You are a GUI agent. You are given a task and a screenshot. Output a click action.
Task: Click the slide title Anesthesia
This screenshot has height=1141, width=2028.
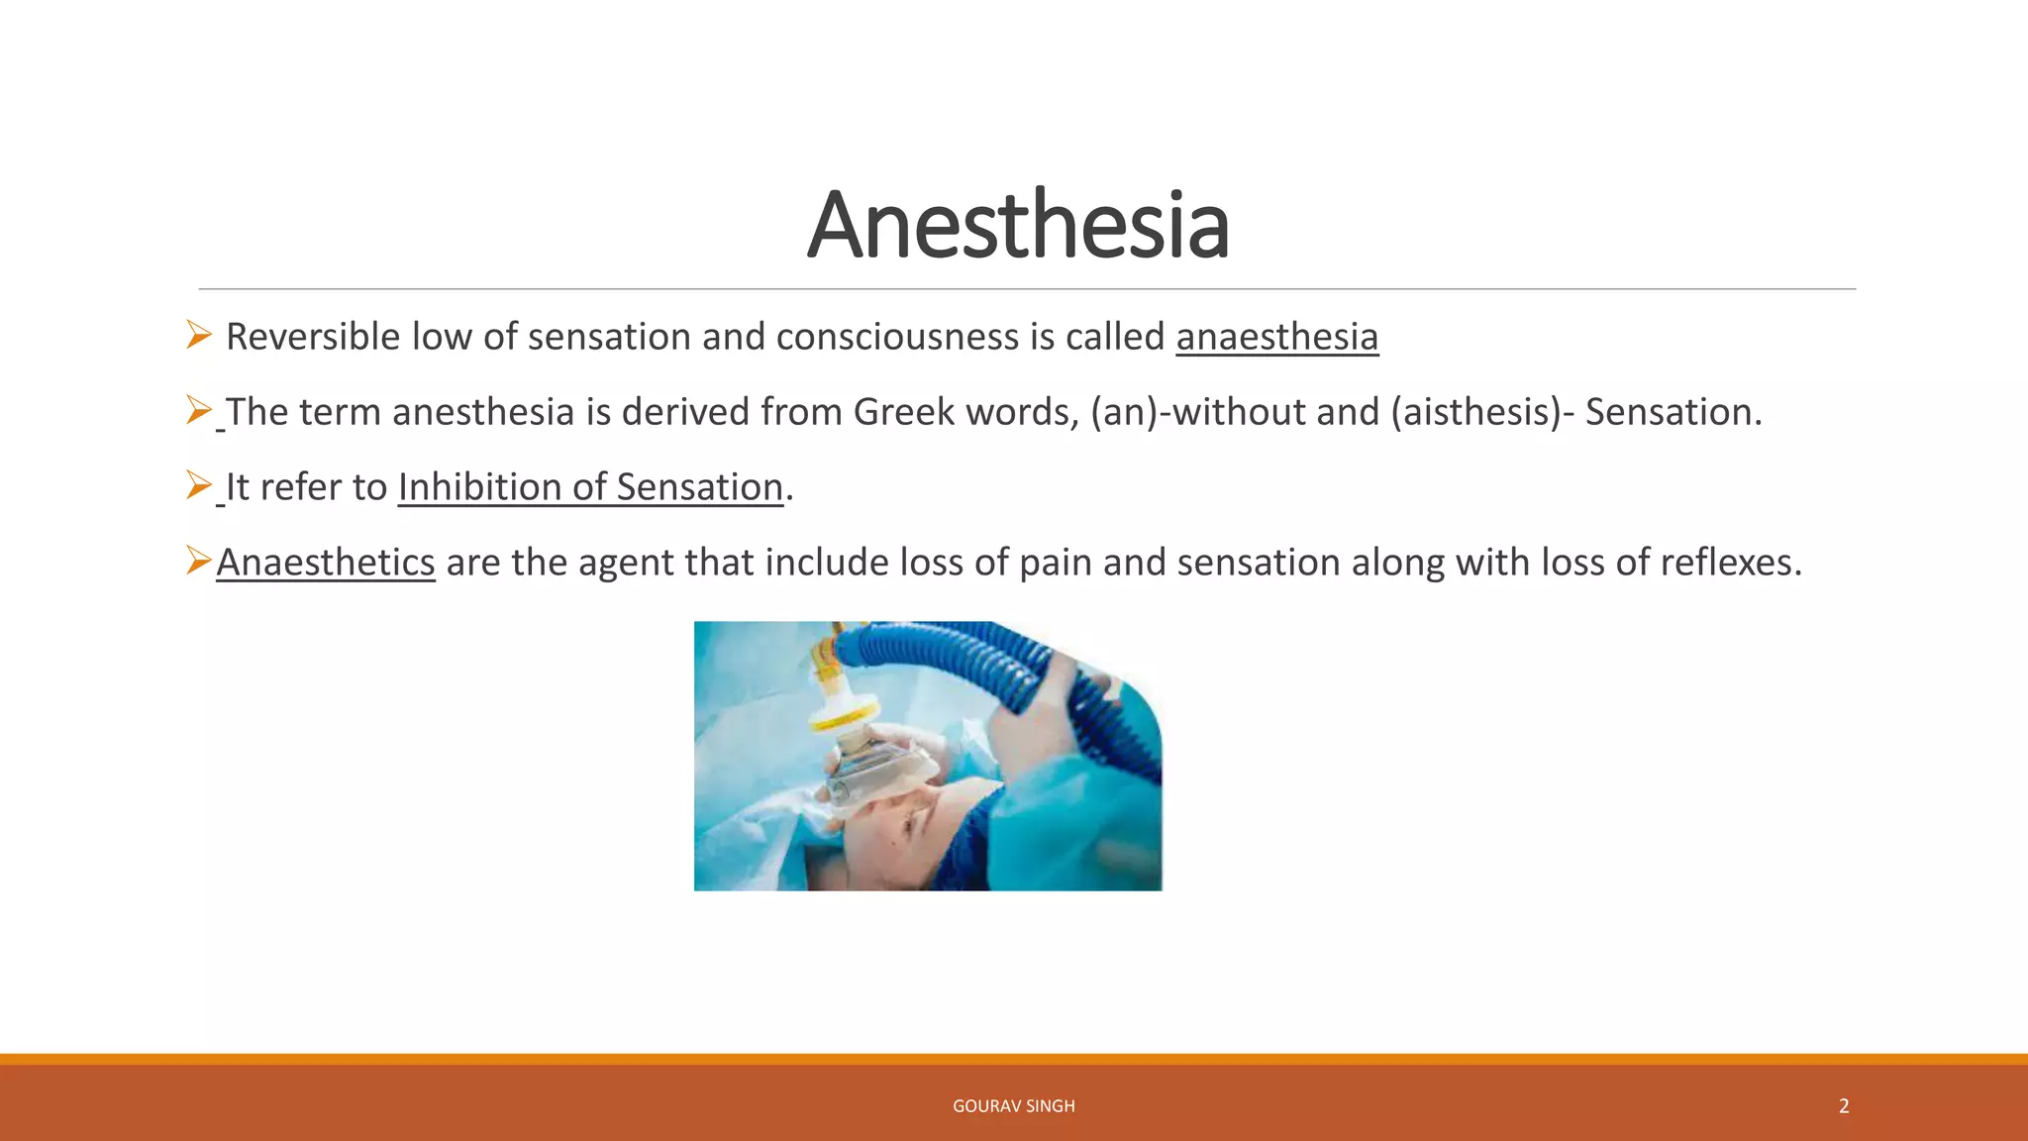pyautogui.click(x=1018, y=226)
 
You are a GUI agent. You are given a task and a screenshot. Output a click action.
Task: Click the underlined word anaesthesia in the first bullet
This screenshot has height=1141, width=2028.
pyautogui.click(x=1276, y=337)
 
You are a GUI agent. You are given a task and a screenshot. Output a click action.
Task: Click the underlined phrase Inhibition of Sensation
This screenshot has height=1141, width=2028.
pyautogui.click(x=590, y=487)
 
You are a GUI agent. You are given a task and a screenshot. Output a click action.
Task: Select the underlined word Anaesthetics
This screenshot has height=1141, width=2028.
pyautogui.click(x=326, y=563)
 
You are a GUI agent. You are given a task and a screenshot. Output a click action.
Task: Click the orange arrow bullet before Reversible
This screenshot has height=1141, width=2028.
pyautogui.click(x=198, y=335)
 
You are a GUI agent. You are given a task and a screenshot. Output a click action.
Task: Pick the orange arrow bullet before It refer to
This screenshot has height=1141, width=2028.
pyautogui.click(x=198, y=485)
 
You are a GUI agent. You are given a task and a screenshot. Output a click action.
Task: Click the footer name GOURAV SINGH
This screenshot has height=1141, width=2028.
pyautogui.click(x=1013, y=1106)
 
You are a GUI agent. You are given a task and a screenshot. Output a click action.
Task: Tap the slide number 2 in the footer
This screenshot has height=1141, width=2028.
pyautogui.click(x=1844, y=1106)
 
